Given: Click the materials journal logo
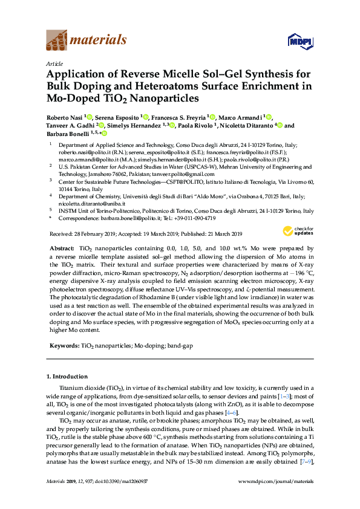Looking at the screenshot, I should coord(86,41).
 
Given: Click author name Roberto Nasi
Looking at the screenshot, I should coord(65,117).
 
